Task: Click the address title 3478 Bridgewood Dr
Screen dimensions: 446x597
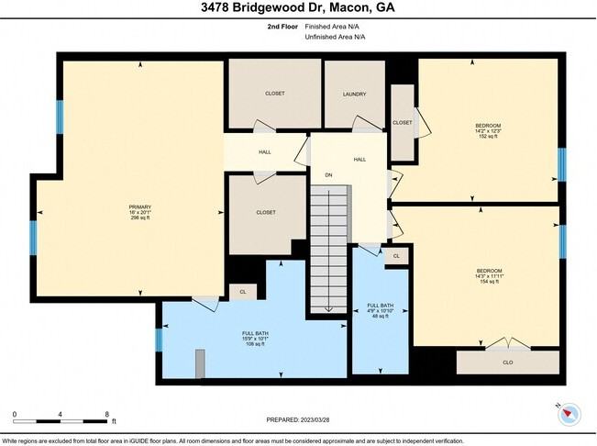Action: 298,9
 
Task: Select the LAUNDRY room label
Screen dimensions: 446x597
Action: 355,94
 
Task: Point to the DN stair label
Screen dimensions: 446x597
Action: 327,174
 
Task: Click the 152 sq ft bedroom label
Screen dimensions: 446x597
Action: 487,129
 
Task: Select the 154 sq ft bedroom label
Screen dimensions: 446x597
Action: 488,276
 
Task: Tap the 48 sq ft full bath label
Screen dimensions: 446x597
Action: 380,310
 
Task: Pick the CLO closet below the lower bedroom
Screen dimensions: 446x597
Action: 507,362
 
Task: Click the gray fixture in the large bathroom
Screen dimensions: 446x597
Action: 200,362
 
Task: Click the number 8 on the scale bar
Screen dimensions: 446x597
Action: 107,414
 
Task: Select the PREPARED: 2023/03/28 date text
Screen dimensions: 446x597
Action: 298,420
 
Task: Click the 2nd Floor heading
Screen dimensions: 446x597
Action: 269,27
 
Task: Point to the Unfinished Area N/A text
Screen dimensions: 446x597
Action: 335,37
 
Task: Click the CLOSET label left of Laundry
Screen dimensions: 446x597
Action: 274,94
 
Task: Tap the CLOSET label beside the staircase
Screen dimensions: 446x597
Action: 266,213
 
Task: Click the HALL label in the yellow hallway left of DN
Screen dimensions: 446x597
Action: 264,152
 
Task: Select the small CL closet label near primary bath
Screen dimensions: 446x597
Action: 243,292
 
